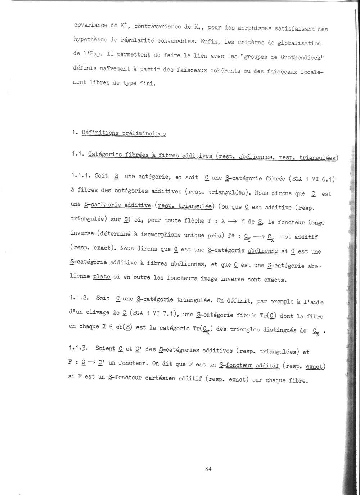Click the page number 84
point(208,469)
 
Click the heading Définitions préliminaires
point(123,133)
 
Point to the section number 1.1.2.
point(78,298)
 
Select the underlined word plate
point(102,277)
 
